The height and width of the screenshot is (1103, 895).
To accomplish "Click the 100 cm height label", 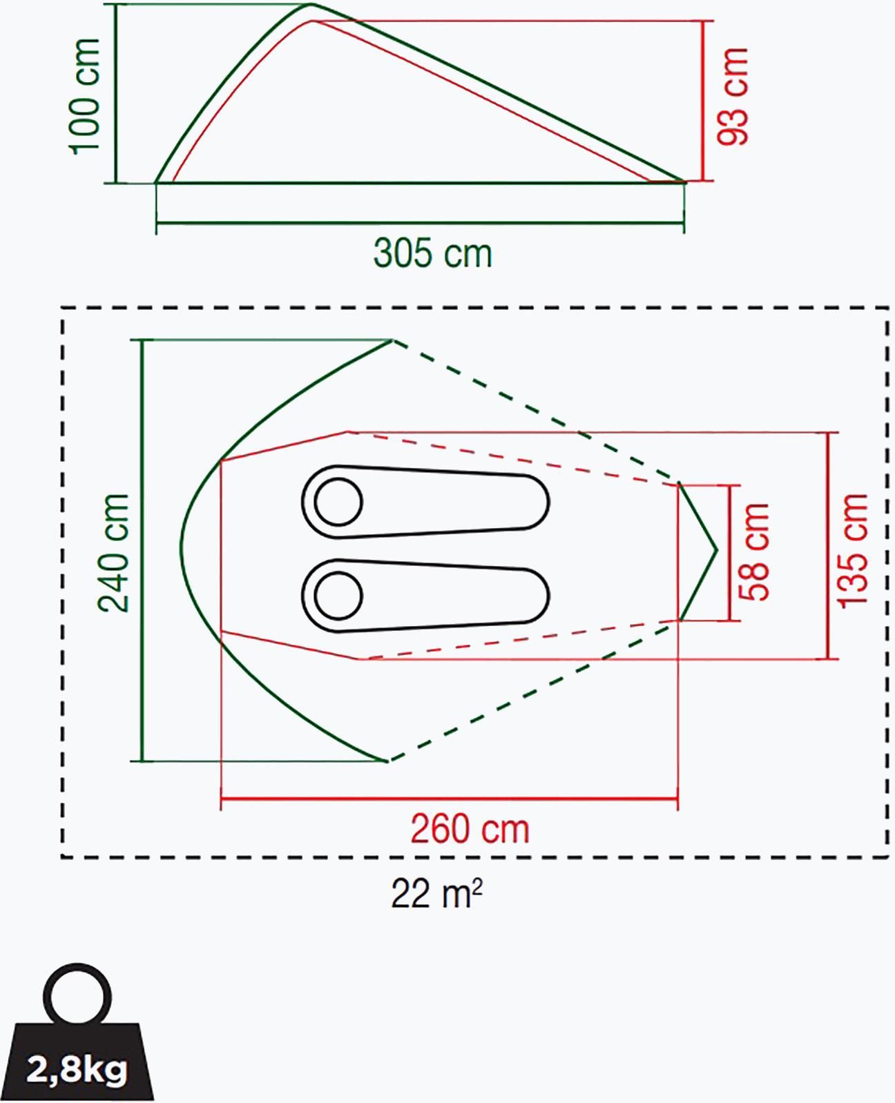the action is pyautogui.click(x=85, y=97).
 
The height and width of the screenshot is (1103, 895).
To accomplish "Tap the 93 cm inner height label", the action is pyautogui.click(x=732, y=97).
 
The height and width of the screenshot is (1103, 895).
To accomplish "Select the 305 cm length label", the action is pyautogui.click(x=432, y=253).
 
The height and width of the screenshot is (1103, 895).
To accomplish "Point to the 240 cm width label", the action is pyautogui.click(x=113, y=554).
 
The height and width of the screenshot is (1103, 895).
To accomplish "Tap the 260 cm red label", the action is pyautogui.click(x=470, y=829).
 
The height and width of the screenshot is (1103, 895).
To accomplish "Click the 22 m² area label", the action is pyautogui.click(x=436, y=894).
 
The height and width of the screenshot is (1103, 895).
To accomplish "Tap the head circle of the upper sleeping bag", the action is pyautogui.click(x=338, y=502).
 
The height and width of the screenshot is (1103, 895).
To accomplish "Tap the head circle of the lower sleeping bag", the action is pyautogui.click(x=338, y=596).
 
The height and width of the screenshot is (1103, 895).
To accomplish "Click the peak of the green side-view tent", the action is pyautogui.click(x=312, y=4).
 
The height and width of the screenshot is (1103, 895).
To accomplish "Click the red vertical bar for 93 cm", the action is pyautogui.click(x=703, y=101).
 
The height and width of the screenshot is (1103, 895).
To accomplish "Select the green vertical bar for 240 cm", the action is pyautogui.click(x=142, y=550).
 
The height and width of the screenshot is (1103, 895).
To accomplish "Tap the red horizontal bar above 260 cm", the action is pyautogui.click(x=449, y=799).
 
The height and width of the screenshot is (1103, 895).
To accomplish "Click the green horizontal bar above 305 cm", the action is pyautogui.click(x=420, y=223).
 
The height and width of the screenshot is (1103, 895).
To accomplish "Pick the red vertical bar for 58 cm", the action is pyautogui.click(x=730, y=553).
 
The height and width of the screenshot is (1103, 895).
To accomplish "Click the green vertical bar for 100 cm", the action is pyautogui.click(x=116, y=94).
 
